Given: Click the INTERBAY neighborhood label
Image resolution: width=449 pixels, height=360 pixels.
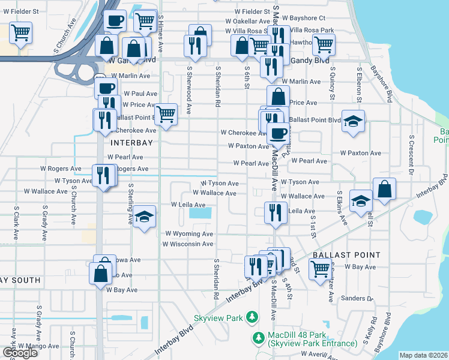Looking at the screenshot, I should point(131,143).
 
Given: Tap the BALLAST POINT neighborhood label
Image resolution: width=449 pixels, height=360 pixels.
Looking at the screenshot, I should point(346,255).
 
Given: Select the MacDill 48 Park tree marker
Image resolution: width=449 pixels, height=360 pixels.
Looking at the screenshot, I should point(259,338).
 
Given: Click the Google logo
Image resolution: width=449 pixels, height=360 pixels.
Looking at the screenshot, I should point(20,353).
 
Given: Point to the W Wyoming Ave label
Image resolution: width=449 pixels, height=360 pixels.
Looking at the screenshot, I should point(189,233).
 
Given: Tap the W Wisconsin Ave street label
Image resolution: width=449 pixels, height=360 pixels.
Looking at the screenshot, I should point(187,244).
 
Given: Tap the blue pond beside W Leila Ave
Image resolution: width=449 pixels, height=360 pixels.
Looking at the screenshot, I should point(200,212).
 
